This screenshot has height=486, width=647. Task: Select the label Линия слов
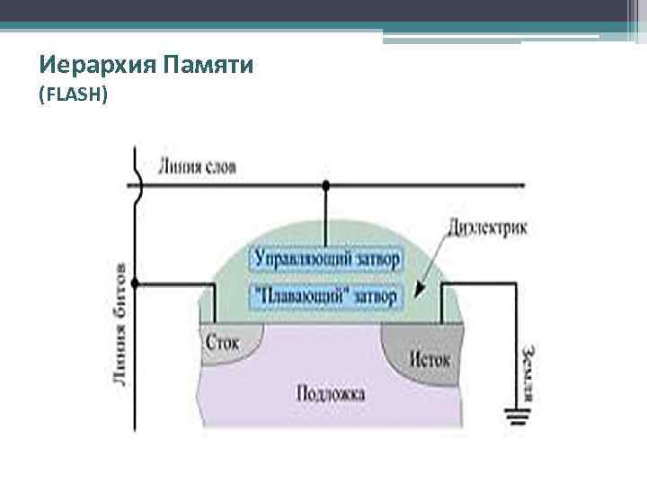tap(197, 166)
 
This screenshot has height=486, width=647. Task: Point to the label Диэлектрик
tap(486, 228)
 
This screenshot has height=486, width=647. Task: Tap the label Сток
tap(222, 343)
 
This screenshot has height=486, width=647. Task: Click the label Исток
tap(431, 358)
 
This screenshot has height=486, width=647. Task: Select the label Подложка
tap(330, 393)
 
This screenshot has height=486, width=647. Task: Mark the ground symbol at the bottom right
tap(516, 417)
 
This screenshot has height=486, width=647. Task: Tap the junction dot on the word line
tap(326, 185)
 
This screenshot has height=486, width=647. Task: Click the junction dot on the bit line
tap(136, 285)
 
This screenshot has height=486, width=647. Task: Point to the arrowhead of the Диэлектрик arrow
tap(418, 292)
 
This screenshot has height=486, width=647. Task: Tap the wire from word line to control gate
tap(326, 216)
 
